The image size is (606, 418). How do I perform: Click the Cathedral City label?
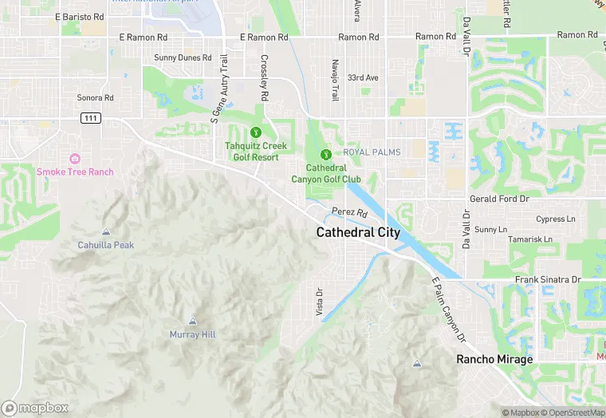[x=358, y=232]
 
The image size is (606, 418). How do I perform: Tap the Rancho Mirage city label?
[x=494, y=359]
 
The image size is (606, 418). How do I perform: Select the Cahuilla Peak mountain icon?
[x=106, y=232]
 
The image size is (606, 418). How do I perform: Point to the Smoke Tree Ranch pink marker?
[x=75, y=159]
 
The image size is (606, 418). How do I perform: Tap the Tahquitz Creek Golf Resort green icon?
[x=256, y=132]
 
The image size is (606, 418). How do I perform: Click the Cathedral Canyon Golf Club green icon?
[x=325, y=155]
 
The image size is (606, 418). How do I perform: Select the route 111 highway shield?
[x=90, y=118]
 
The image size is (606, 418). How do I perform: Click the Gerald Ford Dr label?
[x=498, y=199]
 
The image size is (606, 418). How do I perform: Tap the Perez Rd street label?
[x=349, y=213]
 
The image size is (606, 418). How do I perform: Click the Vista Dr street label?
[x=319, y=302]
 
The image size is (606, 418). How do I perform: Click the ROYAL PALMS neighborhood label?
[x=372, y=152]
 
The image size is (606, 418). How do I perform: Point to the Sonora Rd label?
[x=95, y=98]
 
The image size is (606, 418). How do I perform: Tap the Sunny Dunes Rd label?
[x=183, y=57]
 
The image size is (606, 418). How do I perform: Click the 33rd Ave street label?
[x=363, y=77]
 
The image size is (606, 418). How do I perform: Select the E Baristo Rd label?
[x=80, y=16]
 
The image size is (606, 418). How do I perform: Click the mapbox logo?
[x=35, y=408]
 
